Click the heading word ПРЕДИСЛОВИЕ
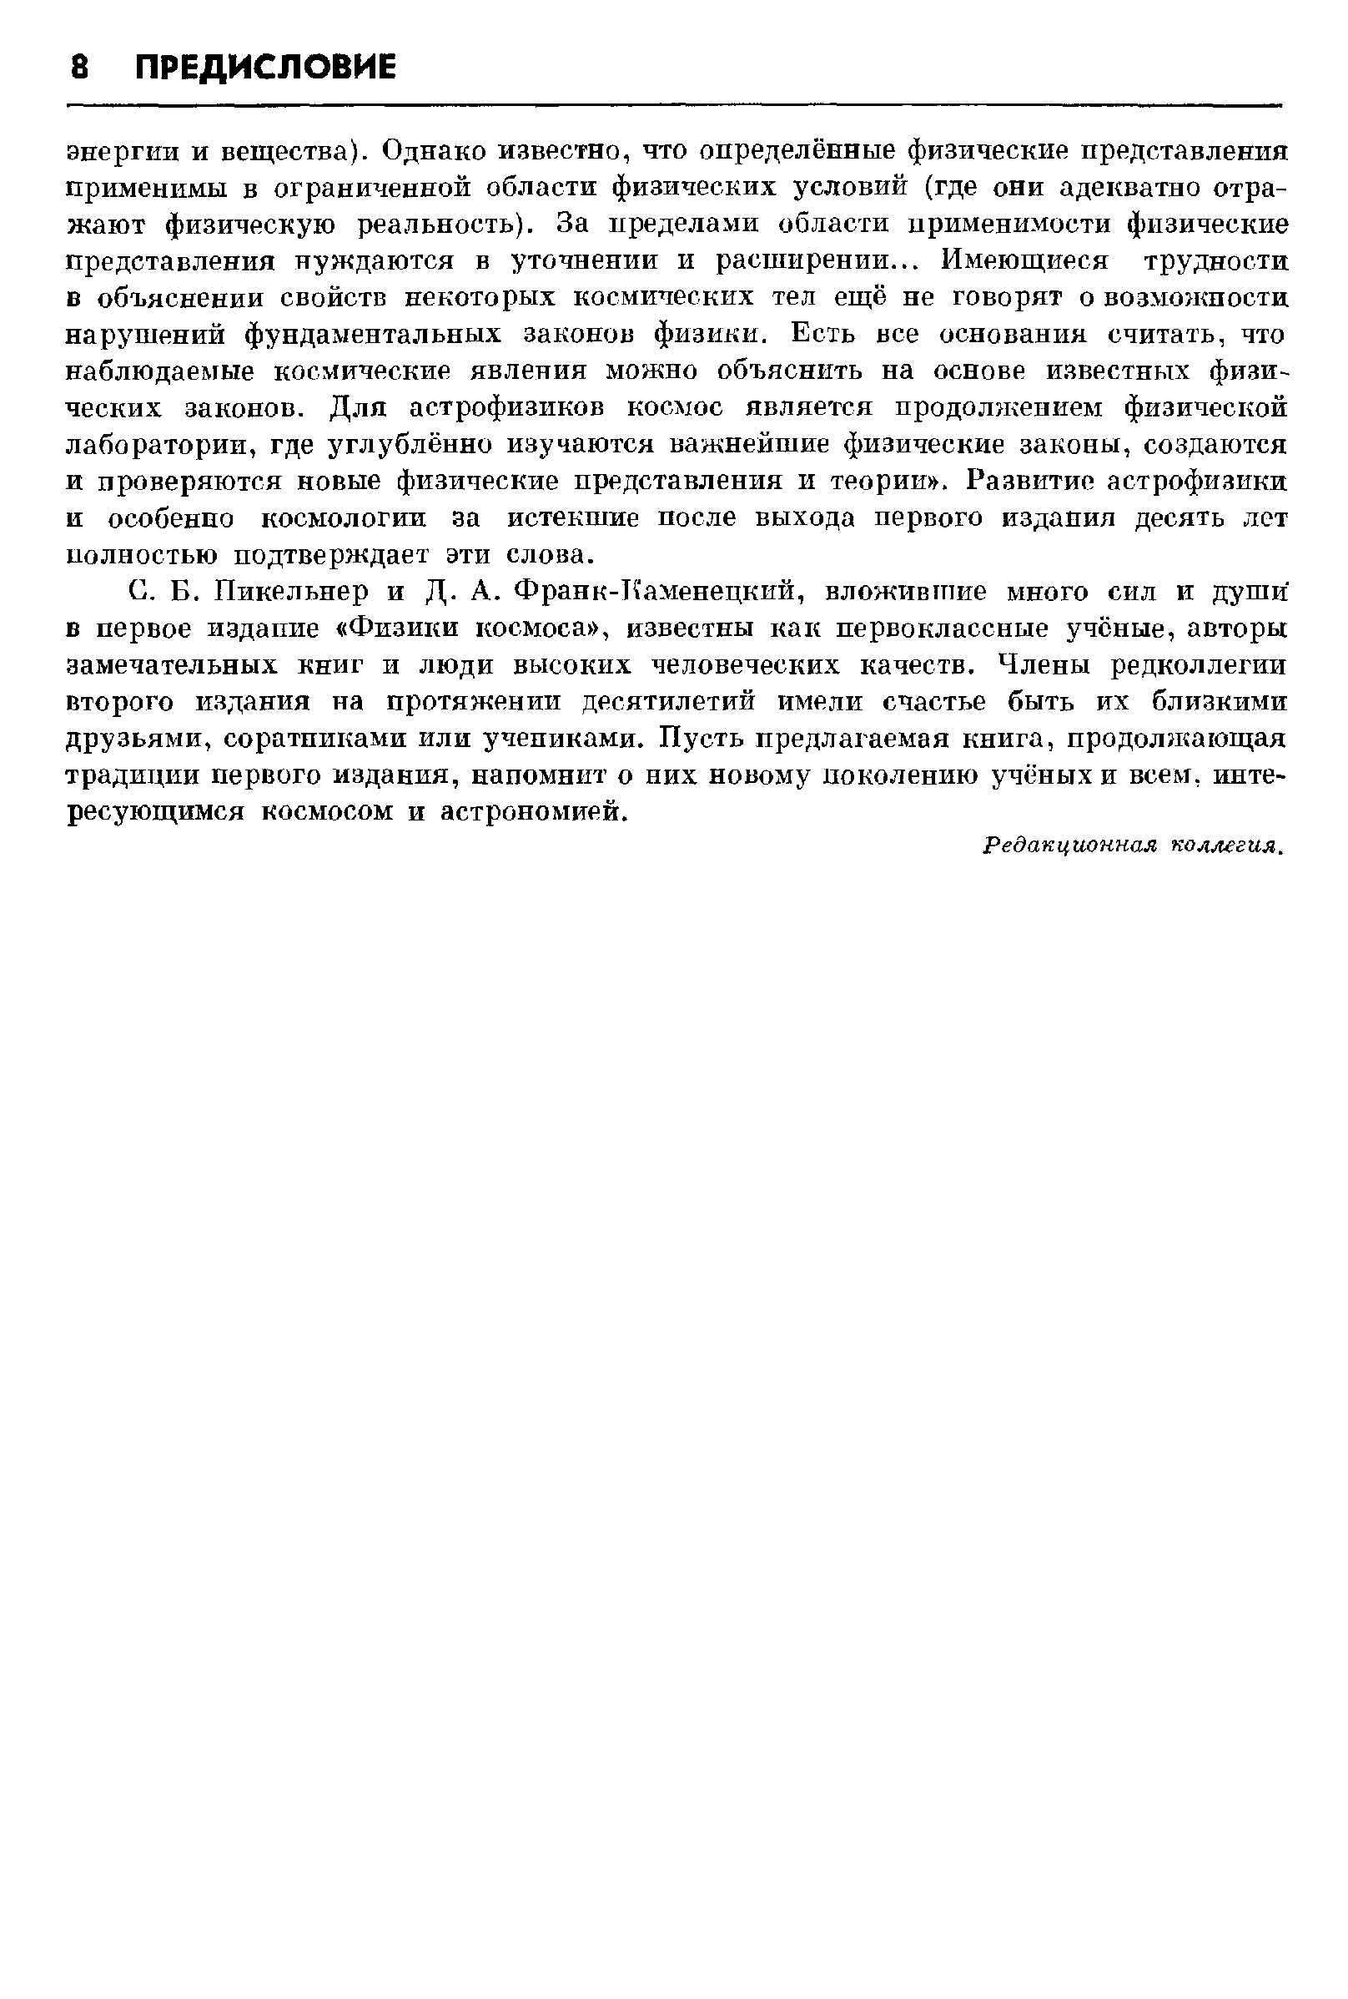tap(266, 66)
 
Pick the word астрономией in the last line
tap(530, 812)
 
